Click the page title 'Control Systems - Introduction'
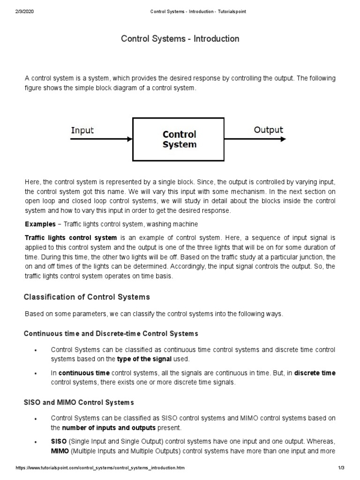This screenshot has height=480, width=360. coord(180,39)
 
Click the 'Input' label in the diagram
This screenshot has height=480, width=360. coord(82,130)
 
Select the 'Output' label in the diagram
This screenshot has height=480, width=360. coord(268,129)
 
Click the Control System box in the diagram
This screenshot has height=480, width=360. coord(180,139)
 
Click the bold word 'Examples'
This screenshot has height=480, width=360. coord(42,224)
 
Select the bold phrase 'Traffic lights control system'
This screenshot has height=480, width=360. coord(71,238)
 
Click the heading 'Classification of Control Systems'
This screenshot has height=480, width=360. coord(87,297)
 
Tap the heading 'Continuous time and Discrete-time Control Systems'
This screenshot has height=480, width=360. coord(111,333)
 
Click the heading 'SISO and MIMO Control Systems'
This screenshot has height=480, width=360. coord(79,402)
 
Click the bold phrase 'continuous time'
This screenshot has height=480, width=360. coord(84,373)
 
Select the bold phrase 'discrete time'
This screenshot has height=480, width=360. coord(315,373)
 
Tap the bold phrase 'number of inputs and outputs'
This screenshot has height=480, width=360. coord(109,428)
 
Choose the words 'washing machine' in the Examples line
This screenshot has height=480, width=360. coord(175,224)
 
